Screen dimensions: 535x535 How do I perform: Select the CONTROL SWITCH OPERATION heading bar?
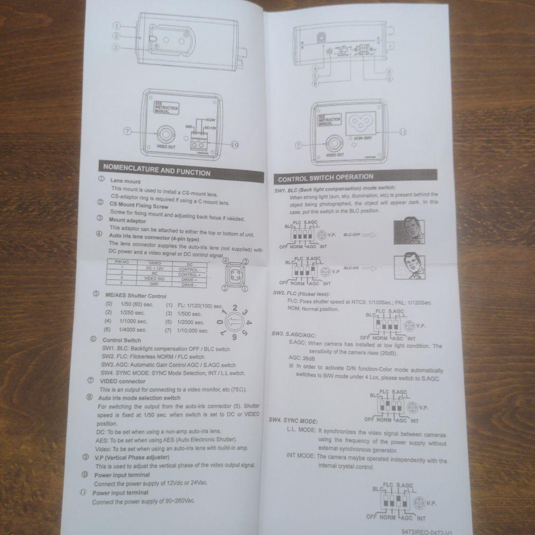[326, 177]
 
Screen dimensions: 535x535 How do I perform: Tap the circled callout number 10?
[234, 145]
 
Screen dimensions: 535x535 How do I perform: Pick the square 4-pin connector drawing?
[235, 275]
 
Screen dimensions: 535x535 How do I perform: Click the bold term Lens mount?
[125, 182]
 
